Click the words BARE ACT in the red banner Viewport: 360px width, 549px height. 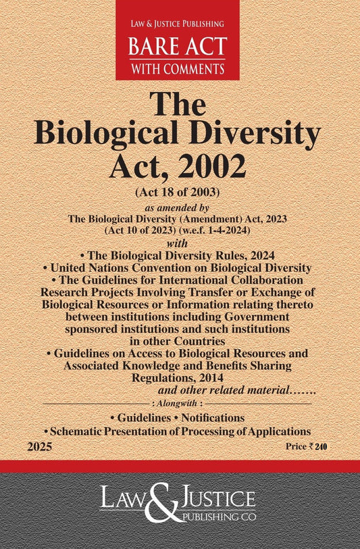pos(177,46)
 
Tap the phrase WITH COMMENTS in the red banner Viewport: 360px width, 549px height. pos(177,68)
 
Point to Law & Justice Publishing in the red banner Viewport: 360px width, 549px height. pos(177,26)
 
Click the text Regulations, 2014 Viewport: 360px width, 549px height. pos(179,378)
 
